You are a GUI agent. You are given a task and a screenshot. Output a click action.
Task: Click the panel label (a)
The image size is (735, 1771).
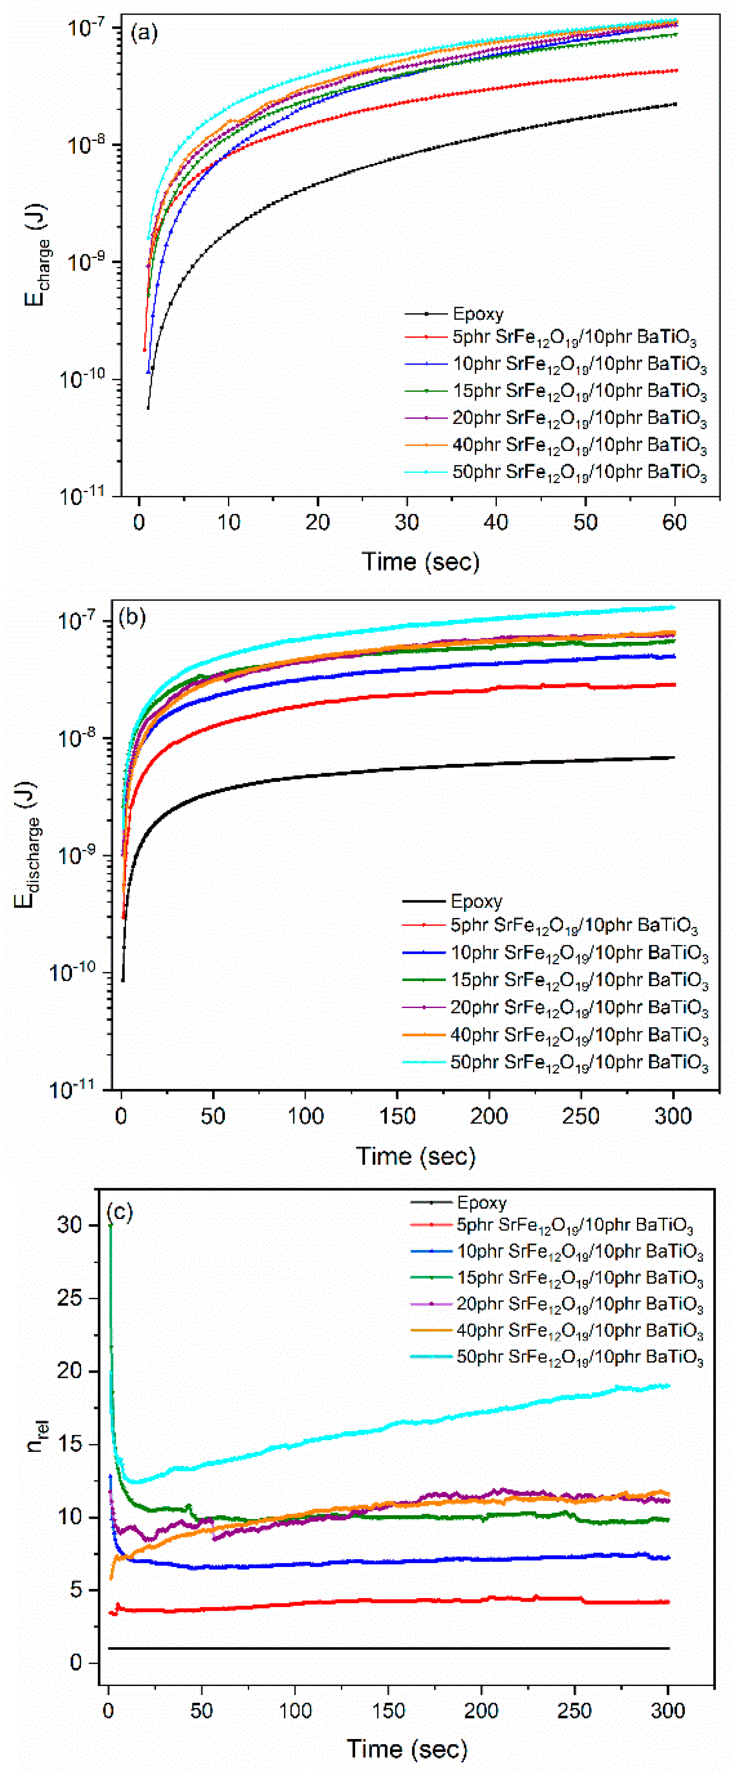pyautogui.click(x=144, y=32)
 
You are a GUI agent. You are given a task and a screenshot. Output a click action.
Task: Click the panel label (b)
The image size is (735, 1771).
pyautogui.click(x=132, y=617)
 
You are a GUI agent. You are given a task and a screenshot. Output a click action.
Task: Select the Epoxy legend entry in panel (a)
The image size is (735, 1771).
pyautogui.click(x=478, y=314)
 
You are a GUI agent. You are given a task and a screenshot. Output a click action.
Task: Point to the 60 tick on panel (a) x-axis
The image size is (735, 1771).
pyautogui.click(x=674, y=522)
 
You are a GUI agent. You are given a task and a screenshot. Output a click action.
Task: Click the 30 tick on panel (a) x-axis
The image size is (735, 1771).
pyautogui.click(x=406, y=522)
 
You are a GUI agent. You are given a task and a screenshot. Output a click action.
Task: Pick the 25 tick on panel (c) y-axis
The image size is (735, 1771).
pyautogui.click(x=71, y=1298)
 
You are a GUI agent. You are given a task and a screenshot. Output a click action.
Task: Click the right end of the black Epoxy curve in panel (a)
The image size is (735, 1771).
pyautogui.click(x=675, y=104)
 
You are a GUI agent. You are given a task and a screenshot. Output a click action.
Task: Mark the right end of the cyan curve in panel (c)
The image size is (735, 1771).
pyautogui.click(x=668, y=1386)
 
